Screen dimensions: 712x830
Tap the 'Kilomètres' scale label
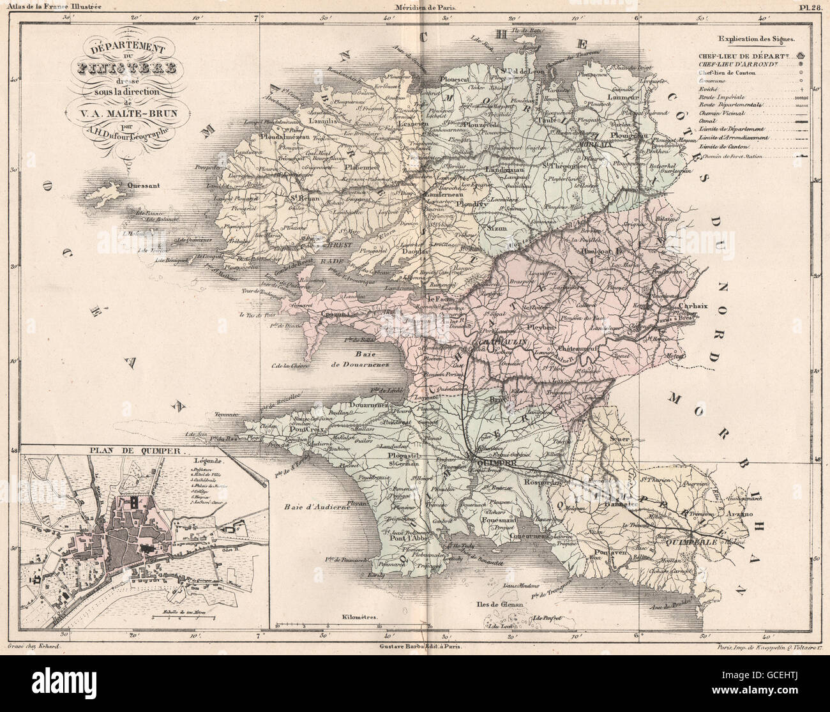(361, 618)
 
